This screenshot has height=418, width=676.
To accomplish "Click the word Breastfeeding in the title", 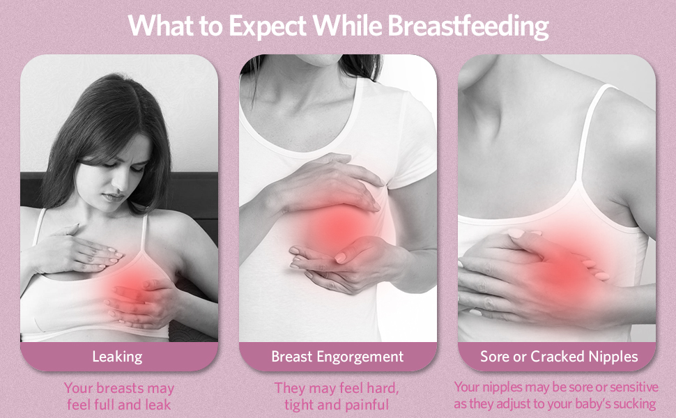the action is [468, 26].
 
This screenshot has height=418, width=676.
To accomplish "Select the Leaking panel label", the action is [117, 357].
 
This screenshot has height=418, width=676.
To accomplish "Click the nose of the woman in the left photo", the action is [121, 183].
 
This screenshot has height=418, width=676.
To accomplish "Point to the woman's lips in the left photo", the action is [114, 197].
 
